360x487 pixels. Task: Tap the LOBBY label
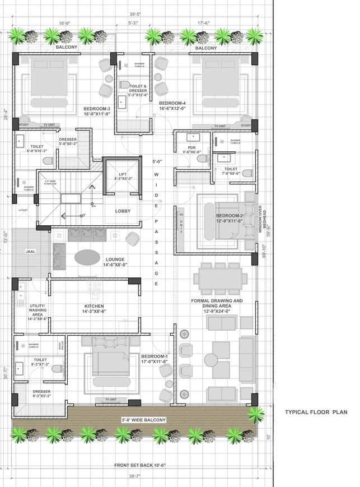[123, 211]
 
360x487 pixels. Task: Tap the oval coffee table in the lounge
[88, 257]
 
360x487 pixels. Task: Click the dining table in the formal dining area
[221, 277]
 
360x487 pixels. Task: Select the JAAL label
[30, 252]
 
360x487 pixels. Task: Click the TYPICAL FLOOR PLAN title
[316, 412]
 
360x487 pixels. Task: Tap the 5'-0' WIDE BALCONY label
[143, 420]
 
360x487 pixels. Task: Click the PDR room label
[191, 150]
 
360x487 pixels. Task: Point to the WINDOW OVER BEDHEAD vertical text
[260, 210]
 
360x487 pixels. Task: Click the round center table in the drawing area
[213, 359]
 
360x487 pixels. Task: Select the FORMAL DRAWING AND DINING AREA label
[217, 304]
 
